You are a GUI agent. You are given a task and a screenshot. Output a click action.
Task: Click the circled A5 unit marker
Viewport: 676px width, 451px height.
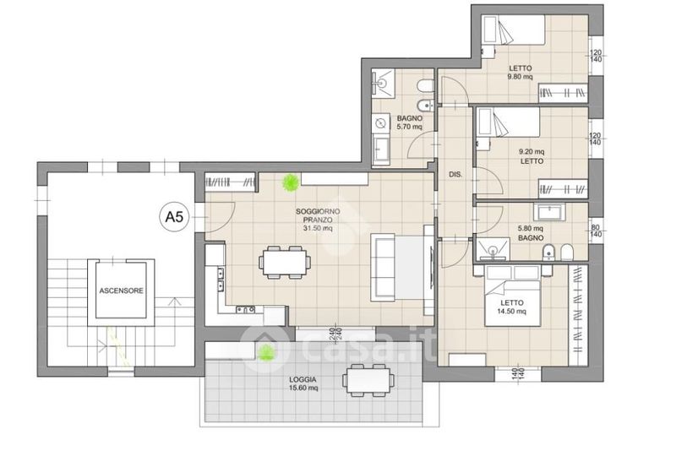174,217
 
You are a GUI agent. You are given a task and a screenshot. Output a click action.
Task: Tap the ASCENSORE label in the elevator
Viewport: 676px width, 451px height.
121,291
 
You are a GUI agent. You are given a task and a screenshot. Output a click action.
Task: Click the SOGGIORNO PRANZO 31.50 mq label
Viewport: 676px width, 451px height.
318,220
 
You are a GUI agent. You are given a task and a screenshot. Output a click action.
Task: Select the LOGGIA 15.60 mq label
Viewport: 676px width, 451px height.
303,383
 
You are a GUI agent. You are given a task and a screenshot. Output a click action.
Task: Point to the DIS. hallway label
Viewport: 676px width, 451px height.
455,175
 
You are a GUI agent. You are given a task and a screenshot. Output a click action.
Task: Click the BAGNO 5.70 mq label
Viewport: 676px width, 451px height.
410,122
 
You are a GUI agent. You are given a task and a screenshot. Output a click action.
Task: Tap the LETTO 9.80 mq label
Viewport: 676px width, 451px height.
520,73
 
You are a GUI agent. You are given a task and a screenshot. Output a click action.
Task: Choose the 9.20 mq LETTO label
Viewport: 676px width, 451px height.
532,156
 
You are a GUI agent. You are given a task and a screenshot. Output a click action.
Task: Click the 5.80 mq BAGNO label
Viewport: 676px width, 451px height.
531,233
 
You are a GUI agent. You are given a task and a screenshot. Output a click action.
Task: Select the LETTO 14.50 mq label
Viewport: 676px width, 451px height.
512,307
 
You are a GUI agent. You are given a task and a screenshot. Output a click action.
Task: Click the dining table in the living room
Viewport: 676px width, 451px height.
285,262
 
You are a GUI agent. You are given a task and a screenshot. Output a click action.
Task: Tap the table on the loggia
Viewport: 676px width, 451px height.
368,380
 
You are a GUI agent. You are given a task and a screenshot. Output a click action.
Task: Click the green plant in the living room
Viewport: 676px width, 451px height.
290,182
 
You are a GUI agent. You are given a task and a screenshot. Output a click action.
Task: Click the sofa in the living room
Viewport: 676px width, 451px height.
383,267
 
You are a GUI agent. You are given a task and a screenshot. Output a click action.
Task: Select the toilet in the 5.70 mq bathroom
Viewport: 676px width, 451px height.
426,85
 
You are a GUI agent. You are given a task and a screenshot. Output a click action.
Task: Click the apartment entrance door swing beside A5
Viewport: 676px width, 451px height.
220,217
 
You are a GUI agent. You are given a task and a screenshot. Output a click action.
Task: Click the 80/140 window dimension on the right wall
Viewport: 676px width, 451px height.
596,231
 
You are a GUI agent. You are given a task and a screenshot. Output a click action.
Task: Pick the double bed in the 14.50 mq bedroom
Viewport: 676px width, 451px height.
513,296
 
